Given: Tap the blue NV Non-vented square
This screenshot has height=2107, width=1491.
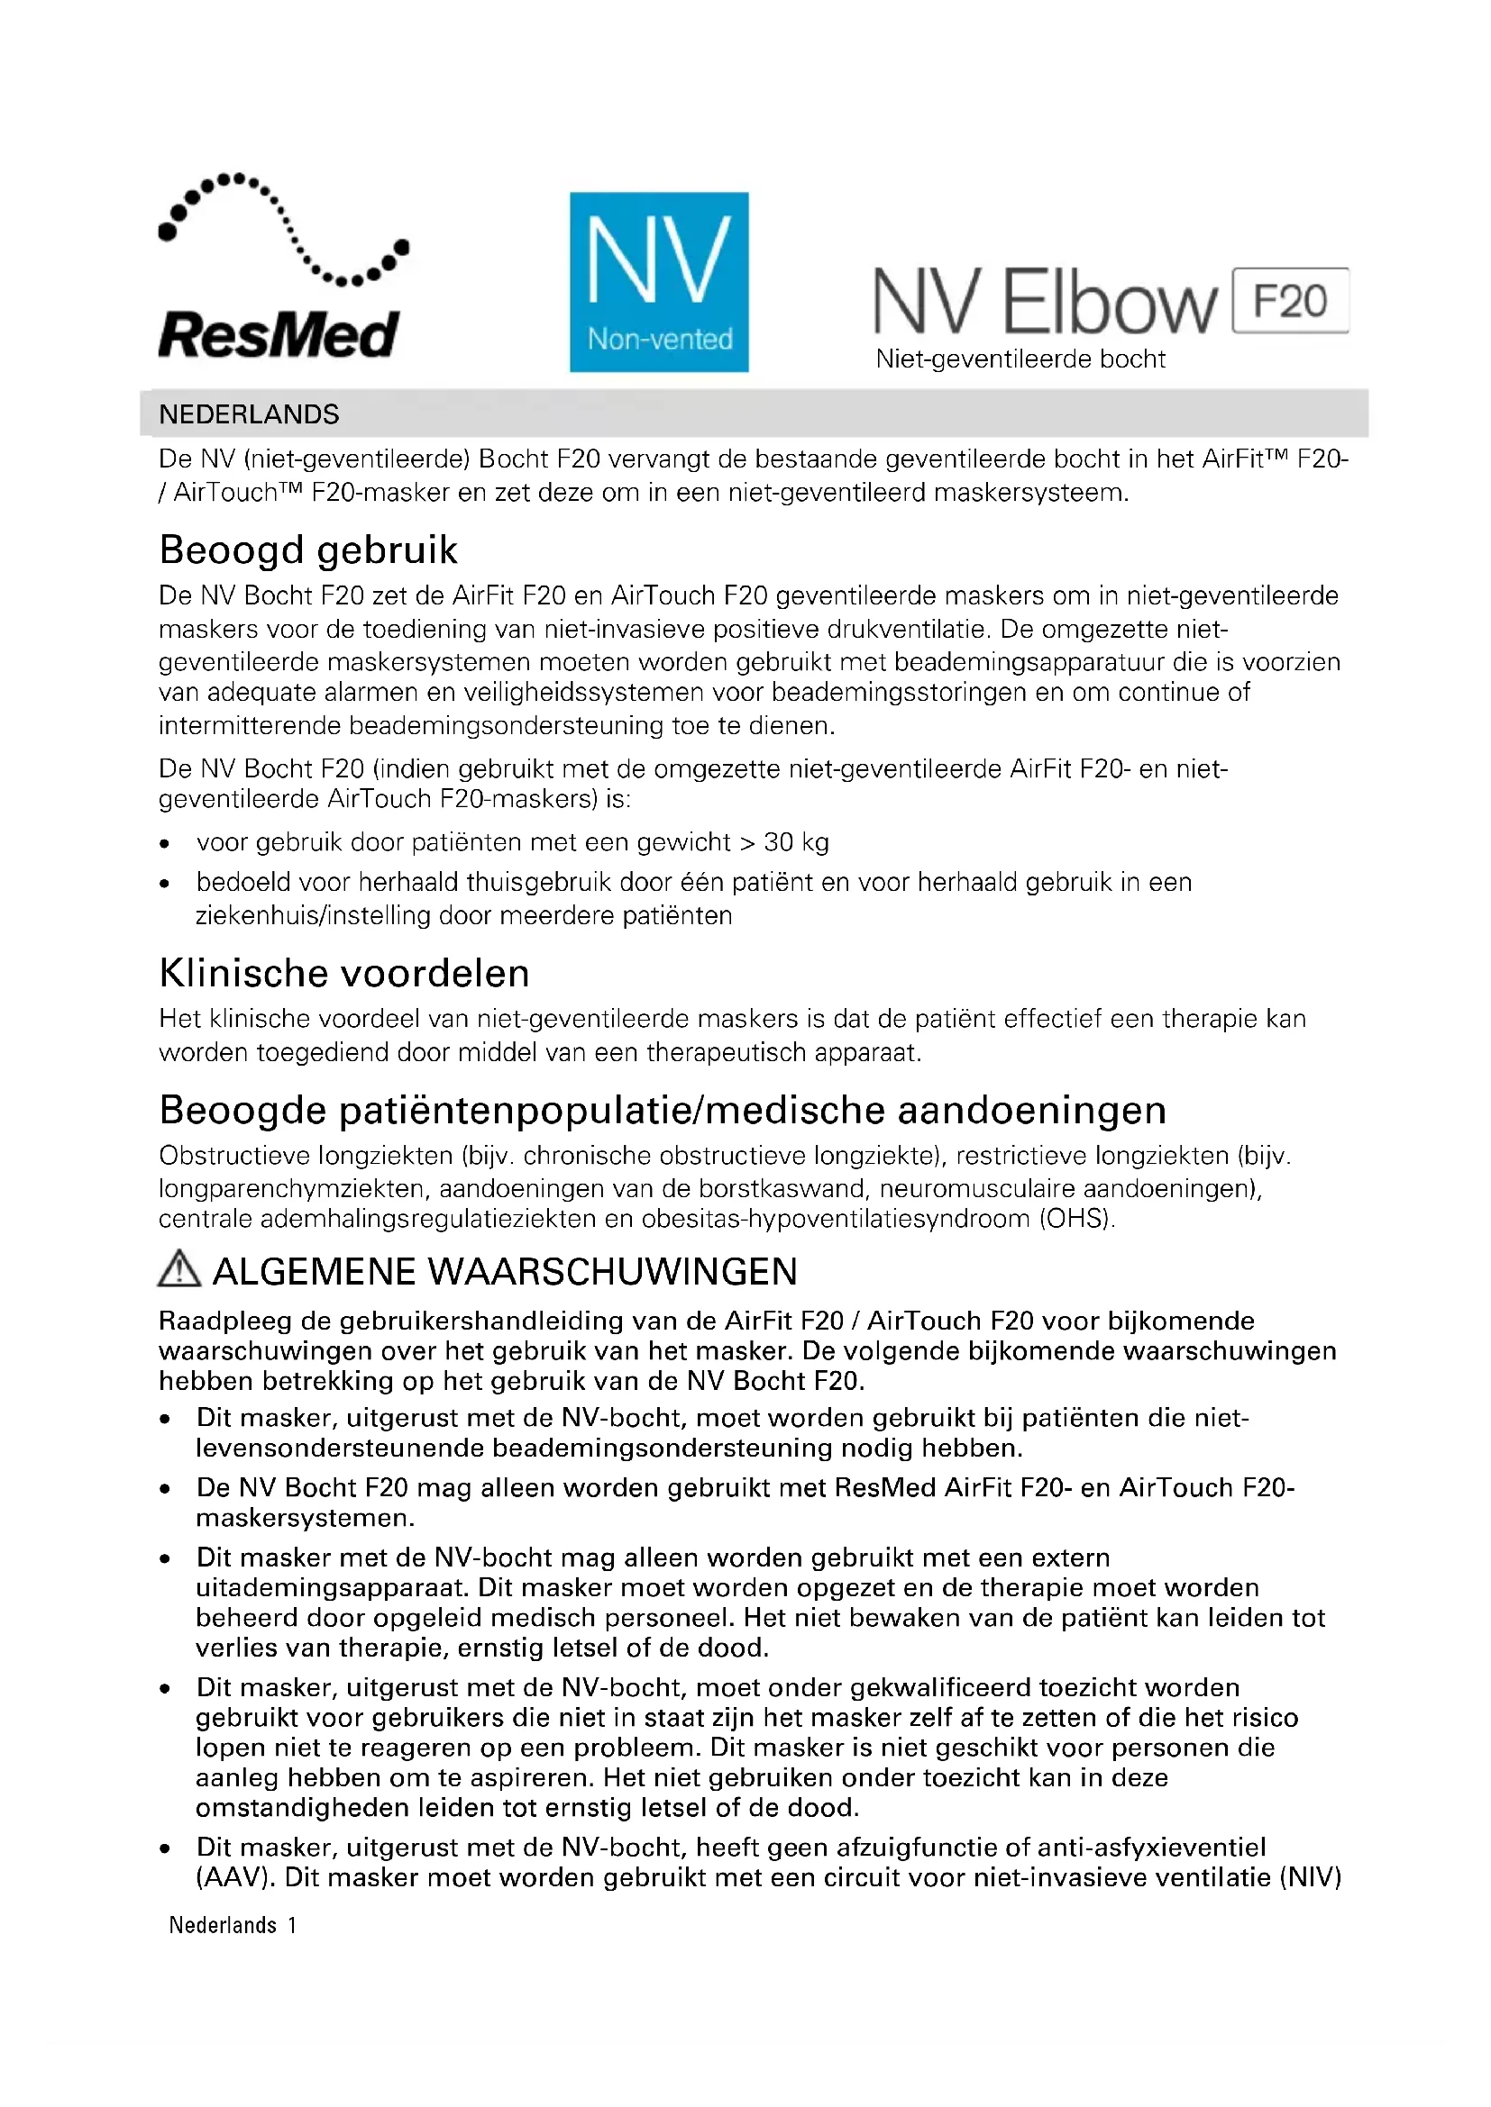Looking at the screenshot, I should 658,282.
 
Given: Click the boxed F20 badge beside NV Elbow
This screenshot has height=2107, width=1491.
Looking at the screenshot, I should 1290,301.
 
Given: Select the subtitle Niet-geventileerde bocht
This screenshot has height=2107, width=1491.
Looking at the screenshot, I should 1020,359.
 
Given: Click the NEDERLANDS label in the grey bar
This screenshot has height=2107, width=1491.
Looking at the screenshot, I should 249,414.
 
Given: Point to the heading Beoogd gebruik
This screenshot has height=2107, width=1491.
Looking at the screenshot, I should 307,550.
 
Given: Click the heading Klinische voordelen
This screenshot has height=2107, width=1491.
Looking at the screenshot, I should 344,974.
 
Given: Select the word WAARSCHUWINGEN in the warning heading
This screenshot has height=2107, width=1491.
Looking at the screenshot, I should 612,1272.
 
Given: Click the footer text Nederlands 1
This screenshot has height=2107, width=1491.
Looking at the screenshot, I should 233,1925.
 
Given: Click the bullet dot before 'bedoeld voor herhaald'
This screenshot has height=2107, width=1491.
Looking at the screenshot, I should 164,885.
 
